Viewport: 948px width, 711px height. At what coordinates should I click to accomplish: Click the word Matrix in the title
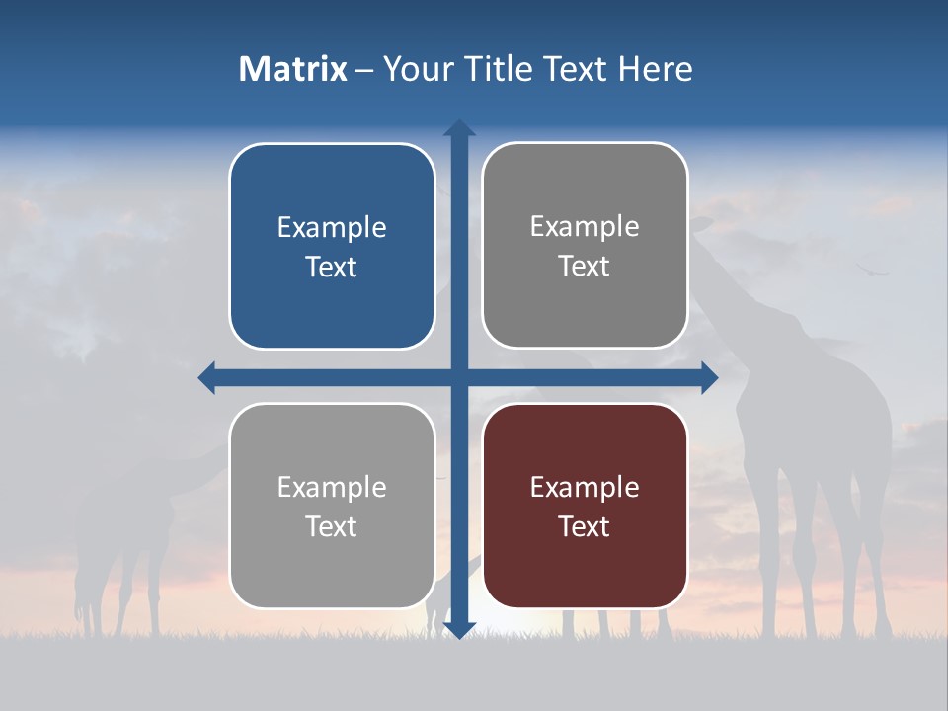[x=293, y=69]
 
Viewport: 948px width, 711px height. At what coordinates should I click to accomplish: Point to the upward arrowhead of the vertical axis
[x=459, y=127]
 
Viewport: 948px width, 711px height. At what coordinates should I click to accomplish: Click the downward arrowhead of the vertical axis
[x=459, y=630]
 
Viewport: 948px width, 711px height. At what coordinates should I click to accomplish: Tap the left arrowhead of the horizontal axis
[x=207, y=377]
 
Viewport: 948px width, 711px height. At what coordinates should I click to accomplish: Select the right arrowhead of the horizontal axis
[x=709, y=377]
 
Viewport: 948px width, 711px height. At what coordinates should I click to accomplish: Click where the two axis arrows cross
[x=459, y=377]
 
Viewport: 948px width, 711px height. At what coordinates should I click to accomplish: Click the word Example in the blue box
[x=332, y=228]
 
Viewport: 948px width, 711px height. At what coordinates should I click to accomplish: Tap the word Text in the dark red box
[x=585, y=526]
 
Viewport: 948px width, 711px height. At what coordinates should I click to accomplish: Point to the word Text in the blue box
[x=332, y=268]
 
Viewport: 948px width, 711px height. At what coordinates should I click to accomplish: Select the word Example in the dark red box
[x=585, y=487]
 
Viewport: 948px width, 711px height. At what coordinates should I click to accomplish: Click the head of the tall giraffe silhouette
[x=703, y=225]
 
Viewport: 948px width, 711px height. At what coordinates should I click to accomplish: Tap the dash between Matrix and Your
[x=364, y=70]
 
